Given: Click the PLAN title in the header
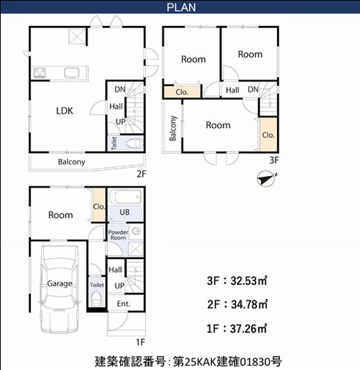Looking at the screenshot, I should coord(180,8).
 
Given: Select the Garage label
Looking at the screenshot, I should coord(59,283).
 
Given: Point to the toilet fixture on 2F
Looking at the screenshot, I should coord(133,144).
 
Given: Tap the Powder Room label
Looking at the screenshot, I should coord(119,236).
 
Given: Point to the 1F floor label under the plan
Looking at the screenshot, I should coord(139,342).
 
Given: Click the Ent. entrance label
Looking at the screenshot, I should coord(123,304).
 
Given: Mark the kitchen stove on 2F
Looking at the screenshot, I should coord(40,73).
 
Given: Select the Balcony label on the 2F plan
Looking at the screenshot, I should coord(72,162).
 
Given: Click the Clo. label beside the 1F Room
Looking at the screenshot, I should coord(99,207).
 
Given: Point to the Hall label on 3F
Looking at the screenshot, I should coord(232,90).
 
